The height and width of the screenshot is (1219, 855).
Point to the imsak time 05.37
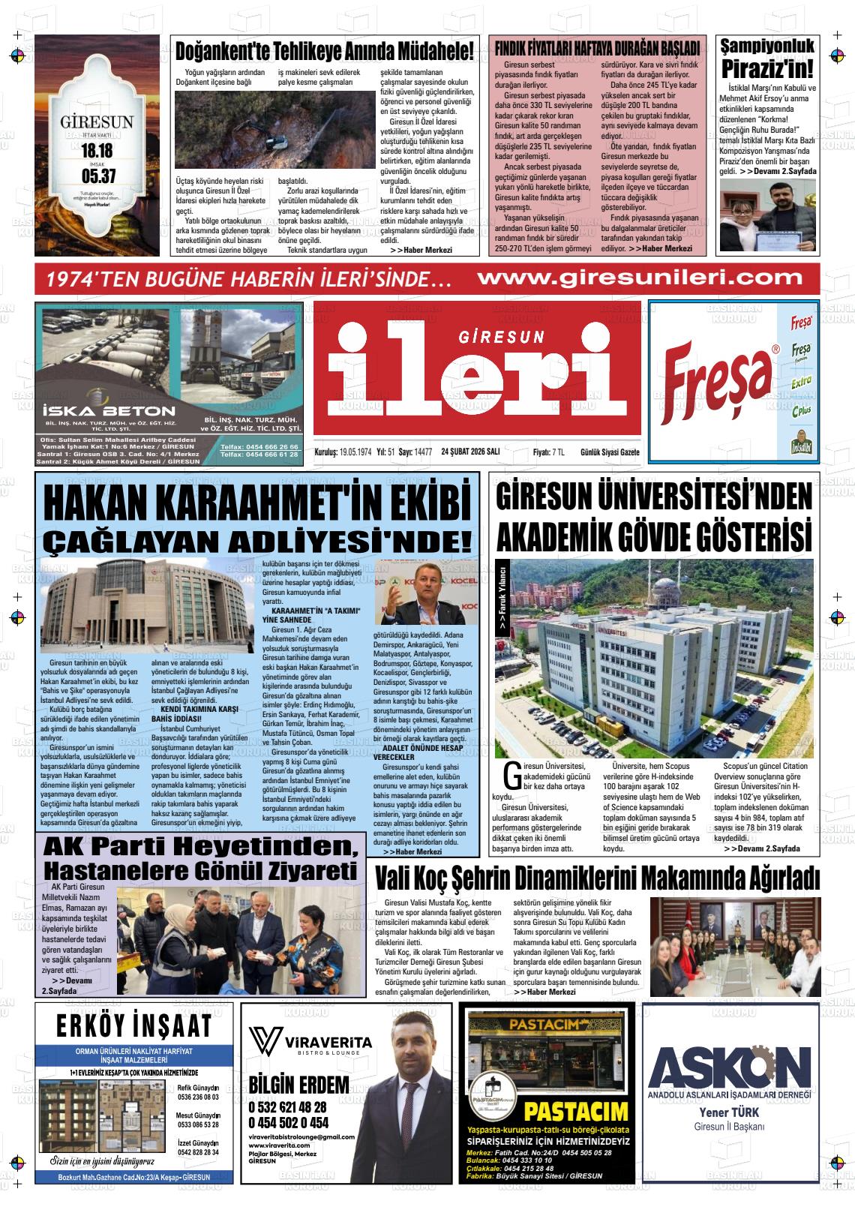[97, 177]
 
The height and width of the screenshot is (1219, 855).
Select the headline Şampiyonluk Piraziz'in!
[767, 59]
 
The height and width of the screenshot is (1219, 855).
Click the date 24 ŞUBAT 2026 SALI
[471, 452]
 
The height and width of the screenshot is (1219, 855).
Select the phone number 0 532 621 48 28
[287, 1107]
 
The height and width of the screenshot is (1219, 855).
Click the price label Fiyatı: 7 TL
[548, 452]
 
